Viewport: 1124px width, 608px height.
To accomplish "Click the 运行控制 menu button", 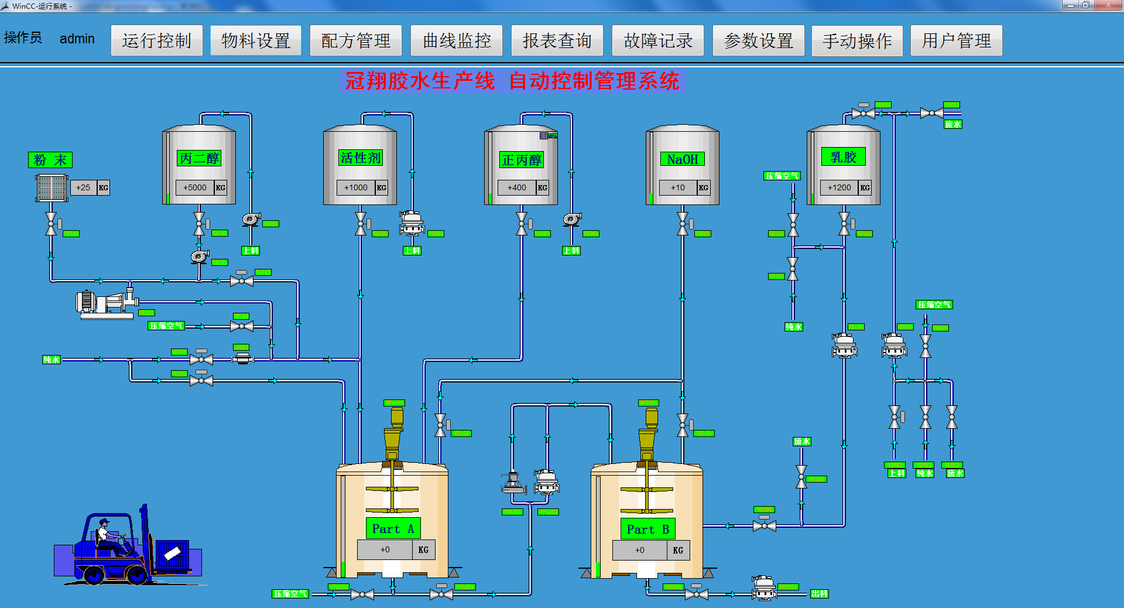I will point(157,40).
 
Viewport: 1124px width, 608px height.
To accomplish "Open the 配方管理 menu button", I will point(355,40).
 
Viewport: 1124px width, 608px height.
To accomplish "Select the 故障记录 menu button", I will point(658,40).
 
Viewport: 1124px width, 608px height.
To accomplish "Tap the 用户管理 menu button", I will point(956,40).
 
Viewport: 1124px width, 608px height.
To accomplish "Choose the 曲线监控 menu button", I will point(457,40).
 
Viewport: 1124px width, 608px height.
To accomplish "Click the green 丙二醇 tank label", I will point(199,158).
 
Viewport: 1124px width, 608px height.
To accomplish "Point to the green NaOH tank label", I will point(682,159).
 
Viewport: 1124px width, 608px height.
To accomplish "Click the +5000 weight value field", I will point(195,187).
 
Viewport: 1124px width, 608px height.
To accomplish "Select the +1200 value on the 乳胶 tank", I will point(839,187).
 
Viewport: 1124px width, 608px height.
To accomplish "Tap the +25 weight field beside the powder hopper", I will point(83,187).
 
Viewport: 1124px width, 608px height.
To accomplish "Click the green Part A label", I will point(393,529).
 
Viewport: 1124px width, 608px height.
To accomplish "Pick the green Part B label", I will point(647,530).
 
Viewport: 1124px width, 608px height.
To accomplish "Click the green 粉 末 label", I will point(50,160).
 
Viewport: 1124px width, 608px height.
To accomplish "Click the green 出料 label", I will point(819,593).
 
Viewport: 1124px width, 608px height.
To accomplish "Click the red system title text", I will point(512,81).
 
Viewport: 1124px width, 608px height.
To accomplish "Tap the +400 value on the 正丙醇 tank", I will point(517,187).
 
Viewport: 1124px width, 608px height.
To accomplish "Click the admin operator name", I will point(77,39).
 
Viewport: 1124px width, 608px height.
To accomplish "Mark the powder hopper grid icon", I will point(52,188).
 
